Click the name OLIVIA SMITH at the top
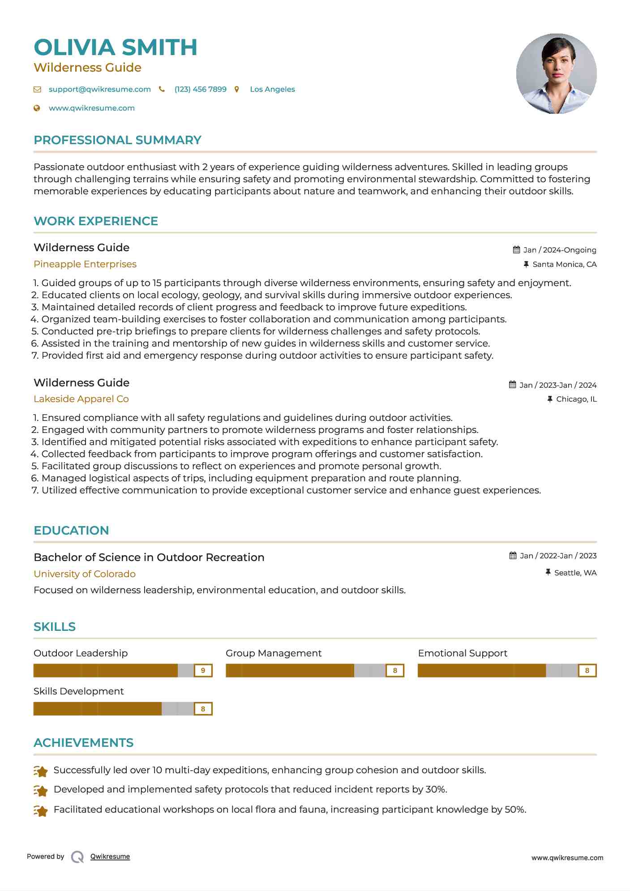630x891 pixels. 116,47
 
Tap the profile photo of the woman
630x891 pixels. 556,73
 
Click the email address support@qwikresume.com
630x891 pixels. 99,89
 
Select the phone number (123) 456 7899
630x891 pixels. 200,89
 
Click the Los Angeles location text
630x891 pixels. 272,89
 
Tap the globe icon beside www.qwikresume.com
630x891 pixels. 37,108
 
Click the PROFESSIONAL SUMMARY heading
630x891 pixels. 117,140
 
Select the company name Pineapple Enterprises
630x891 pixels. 85,264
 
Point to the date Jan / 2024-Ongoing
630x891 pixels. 559,250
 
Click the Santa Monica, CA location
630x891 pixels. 564,264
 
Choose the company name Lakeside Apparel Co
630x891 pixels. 81,399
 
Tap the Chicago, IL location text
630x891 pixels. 576,399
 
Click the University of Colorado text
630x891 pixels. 85,574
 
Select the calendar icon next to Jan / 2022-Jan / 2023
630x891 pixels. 513,556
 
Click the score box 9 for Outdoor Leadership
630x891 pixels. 203,670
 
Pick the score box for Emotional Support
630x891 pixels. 587,670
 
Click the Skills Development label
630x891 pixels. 79,691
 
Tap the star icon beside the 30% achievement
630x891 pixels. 41,791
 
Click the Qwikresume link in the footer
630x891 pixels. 110,857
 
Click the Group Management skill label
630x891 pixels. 274,653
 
